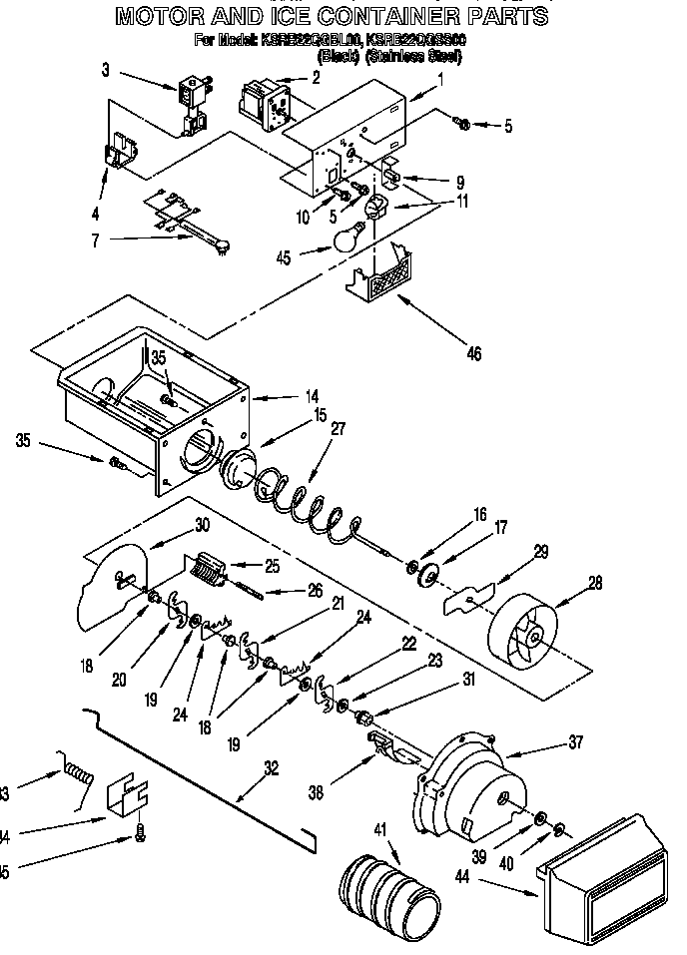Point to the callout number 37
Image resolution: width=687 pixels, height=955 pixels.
coord(575,742)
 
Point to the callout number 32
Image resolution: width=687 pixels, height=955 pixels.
coord(271,768)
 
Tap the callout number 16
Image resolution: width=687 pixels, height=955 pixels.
coord(479,515)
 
